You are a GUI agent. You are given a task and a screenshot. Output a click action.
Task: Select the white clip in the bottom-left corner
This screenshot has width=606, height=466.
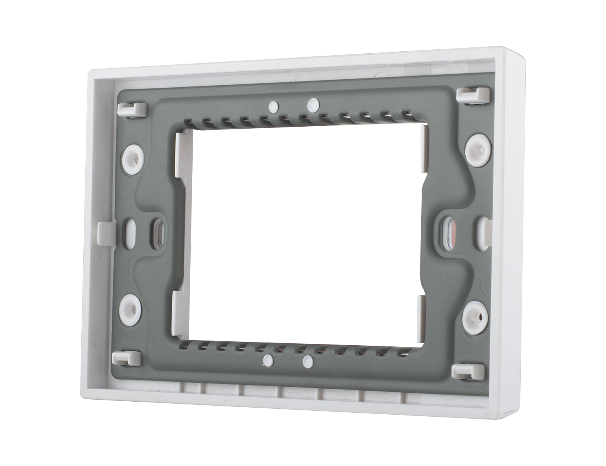click(126, 358)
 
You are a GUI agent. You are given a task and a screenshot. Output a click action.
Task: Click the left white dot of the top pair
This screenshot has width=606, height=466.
click(273, 106)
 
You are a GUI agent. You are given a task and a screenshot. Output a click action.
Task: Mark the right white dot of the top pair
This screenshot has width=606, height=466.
click(313, 104)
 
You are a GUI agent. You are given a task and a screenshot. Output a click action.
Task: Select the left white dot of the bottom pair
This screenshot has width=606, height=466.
click(268, 359)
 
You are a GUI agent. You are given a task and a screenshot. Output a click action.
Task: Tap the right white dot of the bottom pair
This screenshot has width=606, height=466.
click(307, 360)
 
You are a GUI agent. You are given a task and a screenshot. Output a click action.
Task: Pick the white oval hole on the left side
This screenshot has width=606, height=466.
click(130, 231)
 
